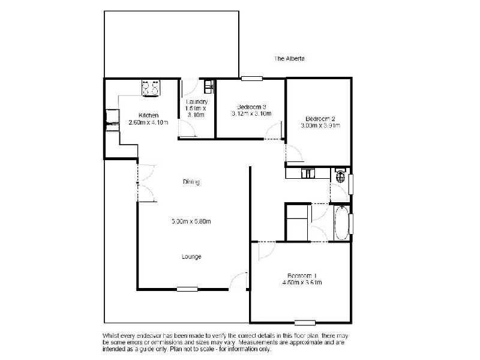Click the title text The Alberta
(x=290, y=59)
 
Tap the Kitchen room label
(x=148, y=115)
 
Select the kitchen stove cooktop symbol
(x=151, y=88)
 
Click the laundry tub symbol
(x=208, y=87)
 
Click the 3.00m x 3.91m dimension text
(x=320, y=126)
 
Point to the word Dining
(x=191, y=182)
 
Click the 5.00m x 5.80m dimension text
(x=191, y=221)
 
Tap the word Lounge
(x=191, y=257)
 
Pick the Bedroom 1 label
(x=302, y=276)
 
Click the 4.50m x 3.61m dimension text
(x=302, y=283)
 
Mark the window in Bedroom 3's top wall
(x=252, y=78)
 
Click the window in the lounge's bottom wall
(x=187, y=289)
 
